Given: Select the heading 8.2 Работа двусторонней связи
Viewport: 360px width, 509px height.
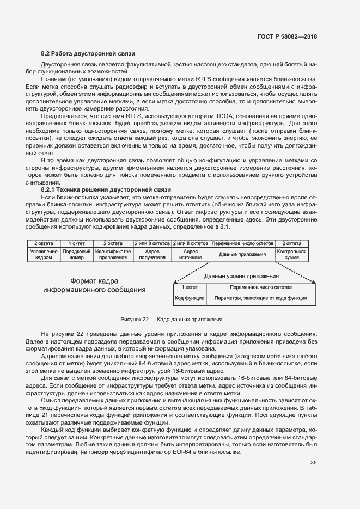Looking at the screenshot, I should click(84, 53).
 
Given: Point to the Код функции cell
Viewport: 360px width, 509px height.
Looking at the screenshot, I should click(190, 298).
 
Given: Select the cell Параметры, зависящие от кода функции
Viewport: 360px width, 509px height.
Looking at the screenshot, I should click(260, 298).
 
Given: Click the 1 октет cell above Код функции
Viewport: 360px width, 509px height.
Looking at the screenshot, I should click(190, 286).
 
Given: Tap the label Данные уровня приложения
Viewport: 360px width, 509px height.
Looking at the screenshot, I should click(237, 276).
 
